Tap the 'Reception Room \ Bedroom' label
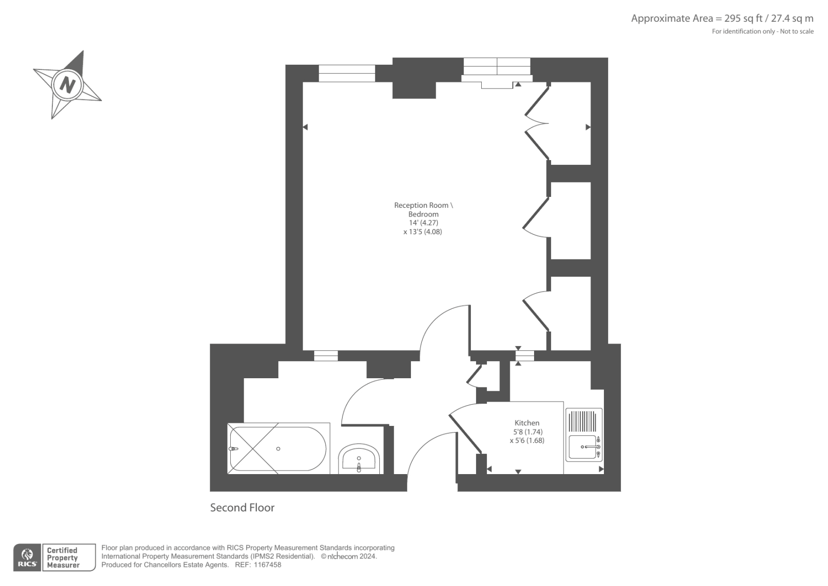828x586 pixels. coord(423,209)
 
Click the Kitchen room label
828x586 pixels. coord(527,423)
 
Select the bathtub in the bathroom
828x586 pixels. coord(278,449)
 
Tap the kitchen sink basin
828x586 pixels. coord(582,447)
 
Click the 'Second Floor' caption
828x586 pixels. coord(242,508)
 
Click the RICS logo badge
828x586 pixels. coord(27,558)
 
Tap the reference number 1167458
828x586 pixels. coord(267,565)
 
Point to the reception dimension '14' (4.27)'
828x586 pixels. coord(423,223)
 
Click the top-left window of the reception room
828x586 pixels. coord(347,73)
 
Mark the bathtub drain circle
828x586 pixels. coord(278,449)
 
